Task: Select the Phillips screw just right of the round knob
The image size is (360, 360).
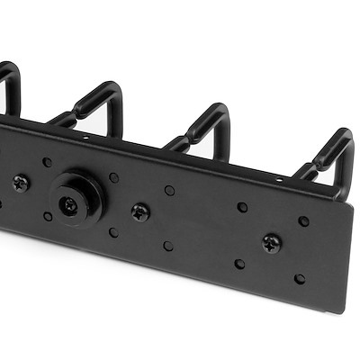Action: click(x=140, y=212)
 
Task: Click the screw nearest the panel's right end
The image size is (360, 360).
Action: click(x=271, y=242)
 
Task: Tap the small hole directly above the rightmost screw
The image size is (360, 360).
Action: click(x=242, y=207)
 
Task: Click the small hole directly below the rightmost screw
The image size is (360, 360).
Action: click(x=239, y=264)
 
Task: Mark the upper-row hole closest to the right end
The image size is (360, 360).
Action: click(x=303, y=220)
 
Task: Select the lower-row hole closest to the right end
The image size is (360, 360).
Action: click(x=300, y=279)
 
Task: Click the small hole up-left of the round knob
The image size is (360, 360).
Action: click(x=47, y=163)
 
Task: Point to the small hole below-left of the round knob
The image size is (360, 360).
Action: click(x=48, y=216)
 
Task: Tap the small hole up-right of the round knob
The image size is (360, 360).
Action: click(x=113, y=177)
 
